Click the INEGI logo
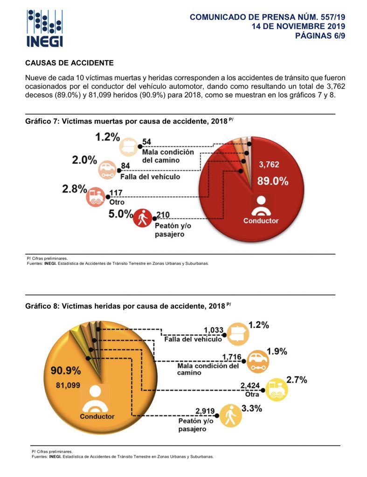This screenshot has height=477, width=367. tap(45, 28)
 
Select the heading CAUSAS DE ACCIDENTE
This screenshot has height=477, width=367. tap(69, 62)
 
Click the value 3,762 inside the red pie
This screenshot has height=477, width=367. tap(269, 164)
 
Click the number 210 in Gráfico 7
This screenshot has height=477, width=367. tap(163, 214)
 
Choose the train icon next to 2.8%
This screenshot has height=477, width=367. tap(95, 196)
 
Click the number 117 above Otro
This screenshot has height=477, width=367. tap(116, 192)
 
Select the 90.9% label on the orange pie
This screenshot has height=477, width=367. tap(66, 371)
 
